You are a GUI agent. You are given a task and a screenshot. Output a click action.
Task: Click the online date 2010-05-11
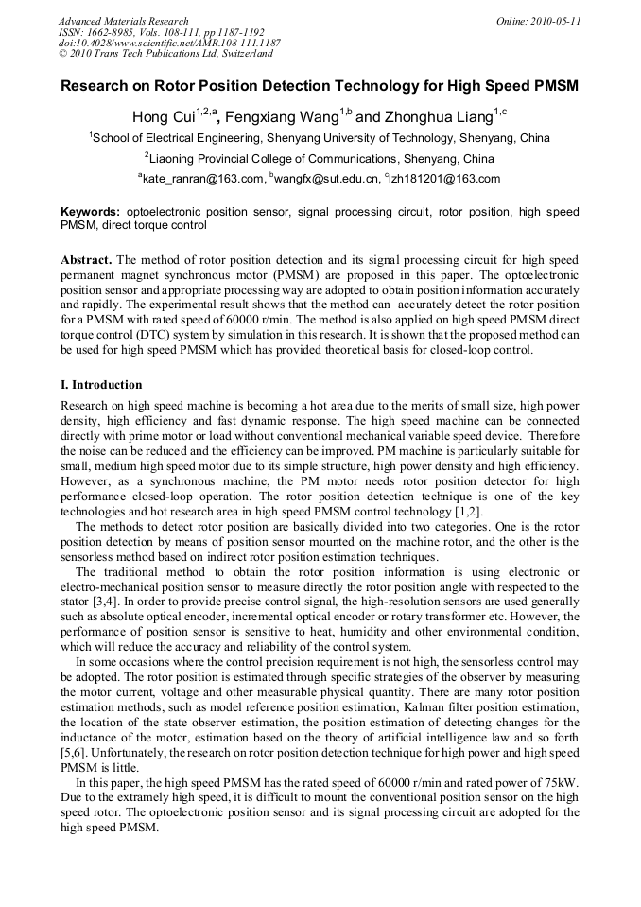tap(558, 20)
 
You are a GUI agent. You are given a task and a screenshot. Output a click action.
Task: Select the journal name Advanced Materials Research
tap(123, 20)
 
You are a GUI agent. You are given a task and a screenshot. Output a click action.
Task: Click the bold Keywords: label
tap(90, 212)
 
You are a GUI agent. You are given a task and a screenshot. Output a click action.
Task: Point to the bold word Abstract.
tap(87, 259)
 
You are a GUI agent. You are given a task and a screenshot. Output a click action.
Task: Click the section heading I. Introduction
tap(101, 385)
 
